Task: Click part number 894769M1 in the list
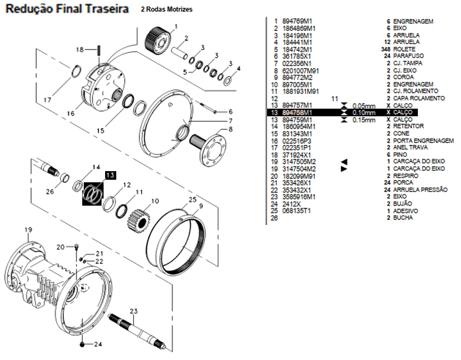[x=298, y=21]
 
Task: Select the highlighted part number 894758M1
[x=298, y=112]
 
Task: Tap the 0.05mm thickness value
[x=364, y=105]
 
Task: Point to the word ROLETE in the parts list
[x=404, y=49]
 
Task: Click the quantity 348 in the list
[x=384, y=49]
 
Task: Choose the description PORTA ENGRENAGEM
[x=423, y=141]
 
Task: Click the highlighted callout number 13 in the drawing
[x=111, y=175]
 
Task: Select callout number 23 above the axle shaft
[x=134, y=311]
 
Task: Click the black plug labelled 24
[x=82, y=344]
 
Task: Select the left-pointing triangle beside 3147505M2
[x=344, y=161]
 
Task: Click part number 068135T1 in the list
[x=297, y=210]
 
